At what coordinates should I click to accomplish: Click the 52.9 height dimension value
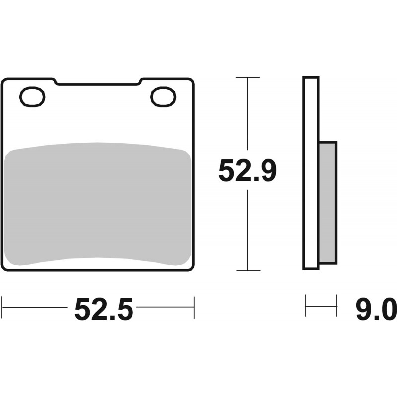tap(247, 170)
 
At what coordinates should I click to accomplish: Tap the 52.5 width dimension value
tap(104, 309)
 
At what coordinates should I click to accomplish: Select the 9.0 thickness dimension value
tap(376, 309)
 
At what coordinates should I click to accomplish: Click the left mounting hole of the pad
tap(32, 97)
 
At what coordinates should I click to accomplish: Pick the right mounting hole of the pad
tap(163, 97)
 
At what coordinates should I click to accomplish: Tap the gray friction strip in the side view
tap(328, 202)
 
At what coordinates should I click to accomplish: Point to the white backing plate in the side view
tap(311, 173)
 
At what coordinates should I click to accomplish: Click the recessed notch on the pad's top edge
tap(97, 82)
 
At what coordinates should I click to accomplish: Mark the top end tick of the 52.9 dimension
tap(248, 77)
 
